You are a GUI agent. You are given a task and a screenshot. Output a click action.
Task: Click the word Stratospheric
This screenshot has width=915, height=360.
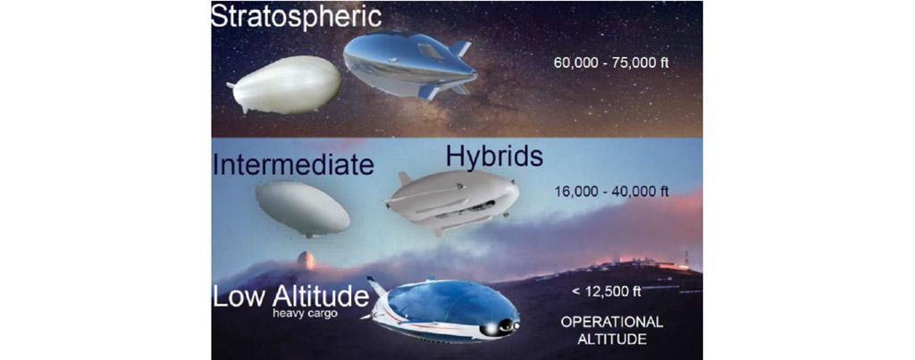coord(297,16)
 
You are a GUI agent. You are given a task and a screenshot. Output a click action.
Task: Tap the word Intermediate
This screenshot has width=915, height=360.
coord(293,164)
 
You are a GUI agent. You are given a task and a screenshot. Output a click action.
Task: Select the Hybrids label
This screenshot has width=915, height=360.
coord(494,156)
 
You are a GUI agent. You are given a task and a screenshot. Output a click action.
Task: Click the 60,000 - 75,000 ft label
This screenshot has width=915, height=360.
coord(611,62)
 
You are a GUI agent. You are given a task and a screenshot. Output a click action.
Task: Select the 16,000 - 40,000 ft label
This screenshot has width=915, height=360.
coord(611,191)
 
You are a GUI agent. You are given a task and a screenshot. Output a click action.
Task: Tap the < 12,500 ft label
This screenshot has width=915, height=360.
coord(606,291)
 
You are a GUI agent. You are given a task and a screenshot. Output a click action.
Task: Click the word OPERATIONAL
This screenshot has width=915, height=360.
coord(611,322)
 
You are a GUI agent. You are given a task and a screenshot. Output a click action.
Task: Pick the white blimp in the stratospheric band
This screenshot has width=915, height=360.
coord(284,85)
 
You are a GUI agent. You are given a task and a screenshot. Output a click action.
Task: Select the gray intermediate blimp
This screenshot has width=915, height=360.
coord(303,208)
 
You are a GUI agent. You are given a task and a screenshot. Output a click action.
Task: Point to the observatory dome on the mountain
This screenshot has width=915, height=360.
coord(306,260)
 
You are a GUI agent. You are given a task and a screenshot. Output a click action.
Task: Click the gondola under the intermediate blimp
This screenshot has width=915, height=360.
coord(309,234)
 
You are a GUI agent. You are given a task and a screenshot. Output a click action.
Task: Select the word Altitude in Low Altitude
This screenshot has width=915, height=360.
coord(321,297)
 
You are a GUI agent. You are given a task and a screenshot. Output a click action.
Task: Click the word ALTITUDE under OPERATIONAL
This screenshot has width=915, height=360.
coord(611,339)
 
